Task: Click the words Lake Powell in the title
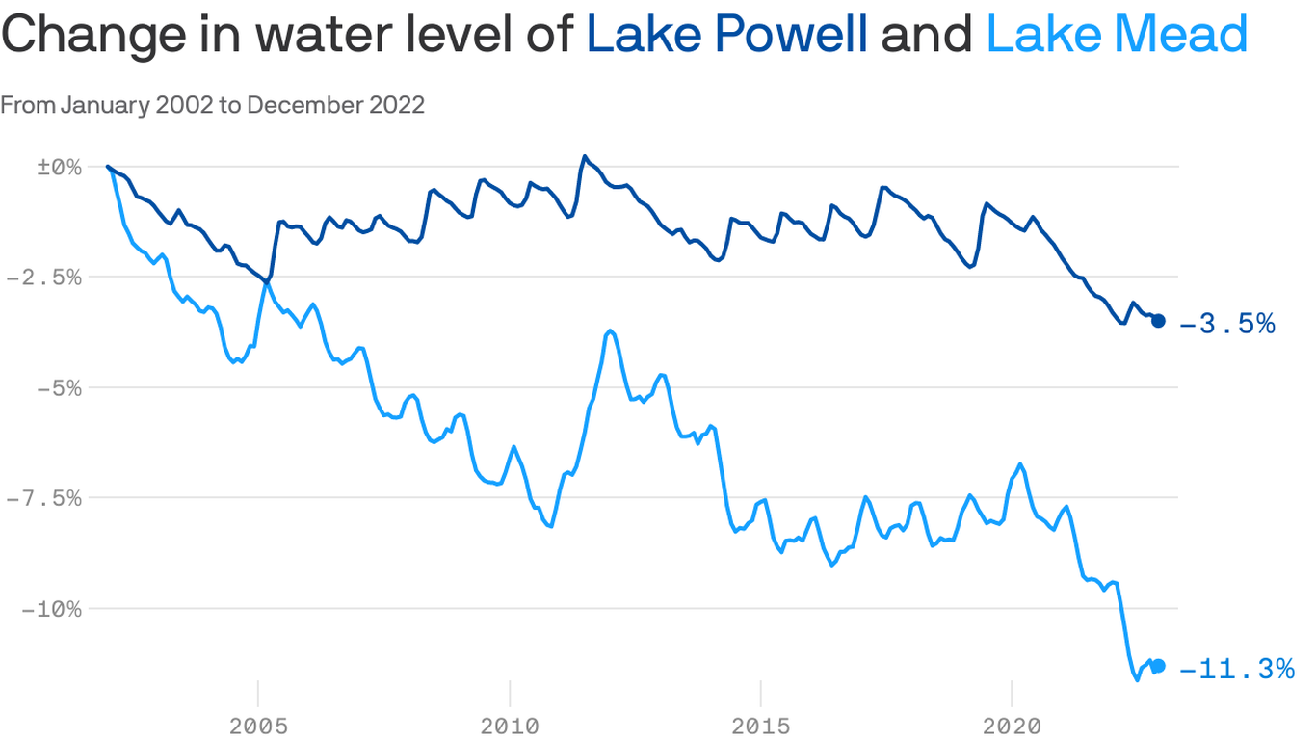(x=727, y=35)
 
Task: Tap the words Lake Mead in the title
(x=1118, y=35)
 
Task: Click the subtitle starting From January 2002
(x=212, y=105)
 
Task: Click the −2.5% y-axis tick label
(x=43, y=277)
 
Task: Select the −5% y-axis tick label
(x=57, y=388)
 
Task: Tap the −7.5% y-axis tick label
(x=43, y=499)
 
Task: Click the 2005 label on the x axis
(x=258, y=725)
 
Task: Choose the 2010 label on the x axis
(x=510, y=725)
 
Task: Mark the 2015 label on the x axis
(x=761, y=725)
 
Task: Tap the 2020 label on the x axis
(x=1012, y=725)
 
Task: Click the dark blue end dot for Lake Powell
(x=1159, y=321)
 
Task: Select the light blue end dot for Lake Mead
(x=1159, y=666)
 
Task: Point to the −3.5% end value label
(x=1227, y=324)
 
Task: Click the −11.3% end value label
(x=1237, y=669)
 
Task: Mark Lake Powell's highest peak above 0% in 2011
(x=585, y=156)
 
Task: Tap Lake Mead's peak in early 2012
(x=611, y=330)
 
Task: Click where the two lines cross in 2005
(x=267, y=281)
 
